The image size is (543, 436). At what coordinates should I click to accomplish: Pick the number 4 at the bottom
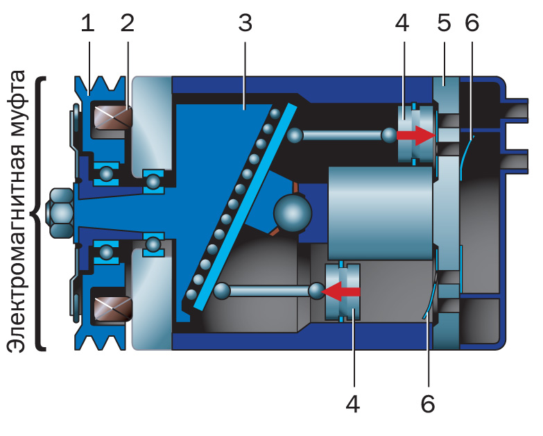pyautogui.click(x=353, y=403)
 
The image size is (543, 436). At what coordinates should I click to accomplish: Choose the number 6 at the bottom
pyautogui.click(x=428, y=403)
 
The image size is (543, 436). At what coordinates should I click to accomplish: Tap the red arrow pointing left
pyautogui.click(x=343, y=292)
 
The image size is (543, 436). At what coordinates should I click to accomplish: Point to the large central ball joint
pyautogui.click(x=293, y=212)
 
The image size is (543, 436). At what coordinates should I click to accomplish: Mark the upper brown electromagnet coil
pyautogui.click(x=112, y=117)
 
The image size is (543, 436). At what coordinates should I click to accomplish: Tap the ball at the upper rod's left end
pyautogui.click(x=295, y=135)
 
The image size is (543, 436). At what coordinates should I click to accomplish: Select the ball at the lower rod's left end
pyautogui.click(x=222, y=290)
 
